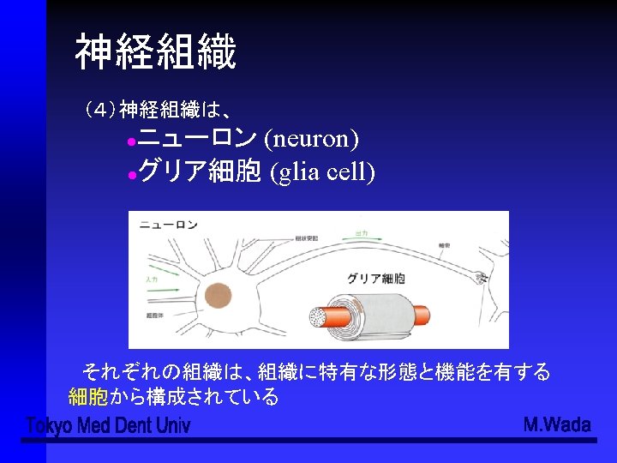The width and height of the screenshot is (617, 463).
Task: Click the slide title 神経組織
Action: click(x=154, y=52)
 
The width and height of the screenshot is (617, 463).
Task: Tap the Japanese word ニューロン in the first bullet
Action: click(x=197, y=136)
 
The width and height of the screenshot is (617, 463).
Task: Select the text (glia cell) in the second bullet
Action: click(x=322, y=172)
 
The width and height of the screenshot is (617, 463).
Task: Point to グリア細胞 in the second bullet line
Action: click(x=199, y=172)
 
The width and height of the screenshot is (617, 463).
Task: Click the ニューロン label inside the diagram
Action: click(x=168, y=225)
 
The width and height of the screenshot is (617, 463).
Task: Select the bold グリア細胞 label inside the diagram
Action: click(x=376, y=279)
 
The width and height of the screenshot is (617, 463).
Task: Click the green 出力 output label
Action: click(x=361, y=232)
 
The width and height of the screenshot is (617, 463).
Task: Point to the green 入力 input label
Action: click(x=152, y=280)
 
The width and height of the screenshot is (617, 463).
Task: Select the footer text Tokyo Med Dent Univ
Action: click(x=108, y=425)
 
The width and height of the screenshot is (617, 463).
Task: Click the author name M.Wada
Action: click(x=556, y=424)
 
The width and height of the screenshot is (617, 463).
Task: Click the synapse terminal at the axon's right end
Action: click(x=482, y=277)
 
